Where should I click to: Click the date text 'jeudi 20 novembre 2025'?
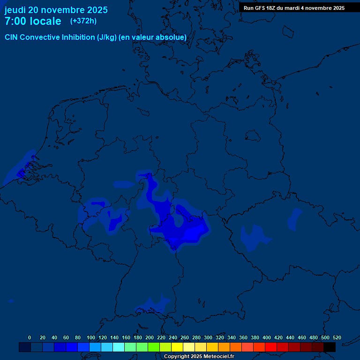56,10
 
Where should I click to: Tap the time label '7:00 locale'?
33,21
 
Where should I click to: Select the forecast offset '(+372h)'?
83,21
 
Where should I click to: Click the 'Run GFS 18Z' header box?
294,8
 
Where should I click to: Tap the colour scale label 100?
91,337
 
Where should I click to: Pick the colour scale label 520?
337,337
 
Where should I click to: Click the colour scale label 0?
30,337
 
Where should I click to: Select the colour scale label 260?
185,337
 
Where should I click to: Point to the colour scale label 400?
267,337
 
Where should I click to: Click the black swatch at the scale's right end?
330,347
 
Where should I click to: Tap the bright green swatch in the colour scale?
154,347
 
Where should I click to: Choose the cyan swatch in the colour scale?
119,347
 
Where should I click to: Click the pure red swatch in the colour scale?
271,347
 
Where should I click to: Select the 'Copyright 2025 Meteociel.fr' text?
199,356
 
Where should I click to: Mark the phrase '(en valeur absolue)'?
153,37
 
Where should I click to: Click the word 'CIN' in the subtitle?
12,37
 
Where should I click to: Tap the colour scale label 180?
138,337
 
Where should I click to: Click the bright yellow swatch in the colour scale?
177,347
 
